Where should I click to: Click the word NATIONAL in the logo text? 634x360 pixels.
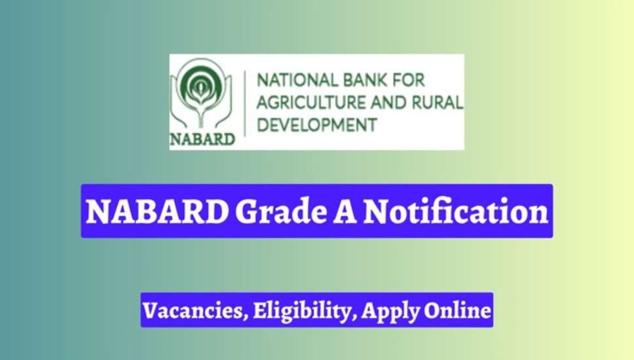pyautogui.click(x=297, y=80)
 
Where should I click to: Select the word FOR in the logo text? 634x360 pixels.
pyautogui.click(x=409, y=80)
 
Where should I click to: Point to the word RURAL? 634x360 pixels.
pyautogui.click(x=438, y=103)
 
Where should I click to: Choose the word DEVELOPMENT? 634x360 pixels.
pyautogui.click(x=317, y=125)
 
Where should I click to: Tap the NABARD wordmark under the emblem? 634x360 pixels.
pyautogui.click(x=202, y=139)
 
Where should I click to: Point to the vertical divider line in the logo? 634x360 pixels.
pyautogui.click(x=245, y=103)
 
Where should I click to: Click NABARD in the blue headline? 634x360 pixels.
pyautogui.click(x=157, y=211)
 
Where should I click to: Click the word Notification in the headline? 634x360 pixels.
pyautogui.click(x=456, y=211)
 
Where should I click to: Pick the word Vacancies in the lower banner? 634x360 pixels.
pyautogui.click(x=193, y=311)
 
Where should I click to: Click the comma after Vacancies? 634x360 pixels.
pyautogui.click(x=246, y=318)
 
